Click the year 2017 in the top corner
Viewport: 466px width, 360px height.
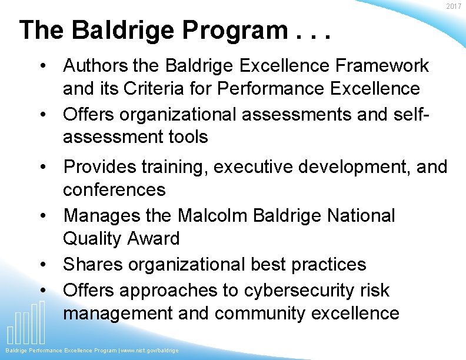click(454, 6)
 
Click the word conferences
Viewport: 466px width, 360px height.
click(114, 190)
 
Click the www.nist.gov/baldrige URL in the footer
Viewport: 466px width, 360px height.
click(150, 351)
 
